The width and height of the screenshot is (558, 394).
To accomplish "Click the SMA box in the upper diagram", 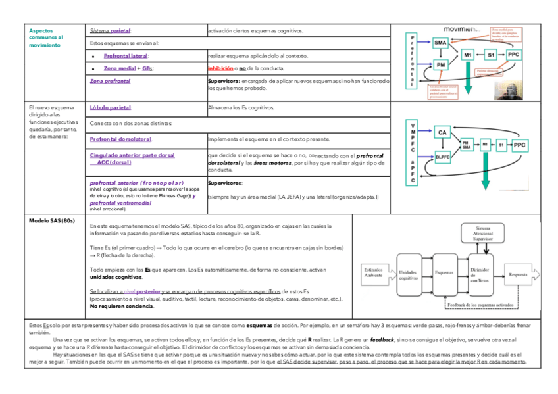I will tap(441, 43).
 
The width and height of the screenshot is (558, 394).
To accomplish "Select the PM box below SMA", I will tap(440, 64).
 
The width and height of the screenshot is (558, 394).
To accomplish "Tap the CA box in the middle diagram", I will tap(443, 132).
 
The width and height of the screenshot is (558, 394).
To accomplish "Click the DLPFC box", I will tap(443, 157).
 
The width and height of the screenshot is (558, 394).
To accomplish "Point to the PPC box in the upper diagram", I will tap(514, 54).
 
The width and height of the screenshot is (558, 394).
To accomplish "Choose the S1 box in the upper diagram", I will tap(491, 54).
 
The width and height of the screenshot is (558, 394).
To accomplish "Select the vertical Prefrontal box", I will tap(413, 61).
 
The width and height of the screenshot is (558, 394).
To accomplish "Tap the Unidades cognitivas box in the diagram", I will tap(408, 274).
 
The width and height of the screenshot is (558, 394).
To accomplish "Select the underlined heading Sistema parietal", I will tap(110, 31).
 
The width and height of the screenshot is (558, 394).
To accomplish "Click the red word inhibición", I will tap(220, 68).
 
